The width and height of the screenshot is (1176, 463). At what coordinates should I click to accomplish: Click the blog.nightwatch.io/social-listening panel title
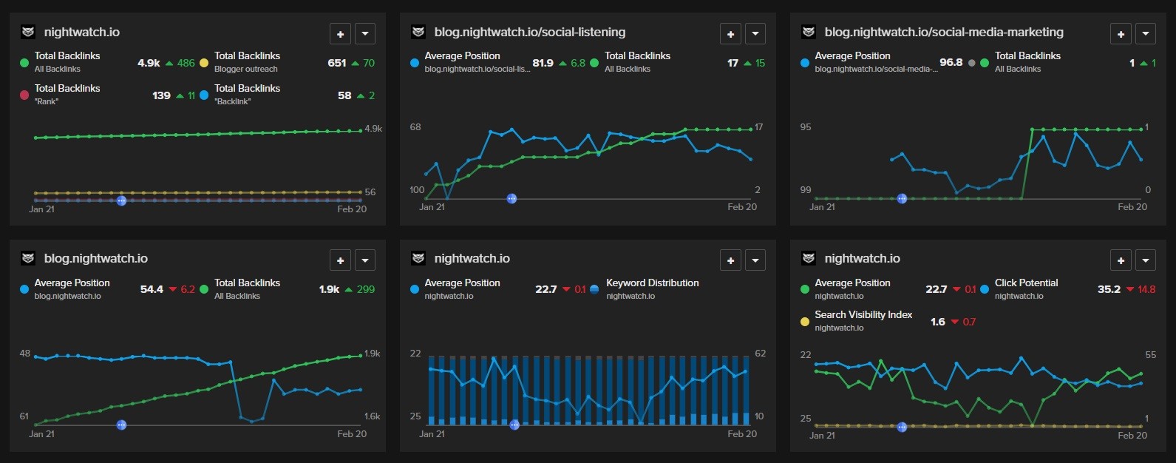[529, 32]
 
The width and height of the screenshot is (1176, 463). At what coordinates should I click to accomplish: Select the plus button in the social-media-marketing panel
[1121, 34]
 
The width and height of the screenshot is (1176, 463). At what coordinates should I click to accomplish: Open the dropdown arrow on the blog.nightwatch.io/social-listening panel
[755, 34]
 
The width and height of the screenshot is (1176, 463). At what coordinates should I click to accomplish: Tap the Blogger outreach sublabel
[245, 69]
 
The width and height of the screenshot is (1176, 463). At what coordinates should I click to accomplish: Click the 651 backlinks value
[336, 63]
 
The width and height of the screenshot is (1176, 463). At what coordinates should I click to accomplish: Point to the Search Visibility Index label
[863, 314]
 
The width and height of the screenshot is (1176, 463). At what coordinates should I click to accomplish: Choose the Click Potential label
[1026, 283]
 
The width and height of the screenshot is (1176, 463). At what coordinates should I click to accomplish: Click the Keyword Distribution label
[652, 283]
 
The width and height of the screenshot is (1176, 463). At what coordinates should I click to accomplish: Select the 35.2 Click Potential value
[1109, 289]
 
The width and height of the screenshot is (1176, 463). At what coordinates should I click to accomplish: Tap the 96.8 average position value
[951, 62]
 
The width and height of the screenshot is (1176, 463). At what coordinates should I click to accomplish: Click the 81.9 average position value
[543, 63]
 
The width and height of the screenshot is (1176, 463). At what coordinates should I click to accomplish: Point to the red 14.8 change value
[1146, 289]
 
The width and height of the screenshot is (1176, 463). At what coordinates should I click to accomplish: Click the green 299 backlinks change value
[366, 289]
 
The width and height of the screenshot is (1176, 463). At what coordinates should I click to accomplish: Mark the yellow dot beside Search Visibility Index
[805, 322]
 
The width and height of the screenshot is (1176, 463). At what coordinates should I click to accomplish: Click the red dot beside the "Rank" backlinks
[24, 95]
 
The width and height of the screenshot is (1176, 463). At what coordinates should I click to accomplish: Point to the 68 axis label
[415, 127]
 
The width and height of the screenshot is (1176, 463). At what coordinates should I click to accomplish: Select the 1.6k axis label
[373, 416]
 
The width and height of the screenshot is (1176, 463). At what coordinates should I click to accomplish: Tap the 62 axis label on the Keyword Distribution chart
[760, 354]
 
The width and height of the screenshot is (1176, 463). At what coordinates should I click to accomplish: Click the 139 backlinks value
[161, 95]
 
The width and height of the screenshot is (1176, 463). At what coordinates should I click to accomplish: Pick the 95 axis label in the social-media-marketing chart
[806, 127]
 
